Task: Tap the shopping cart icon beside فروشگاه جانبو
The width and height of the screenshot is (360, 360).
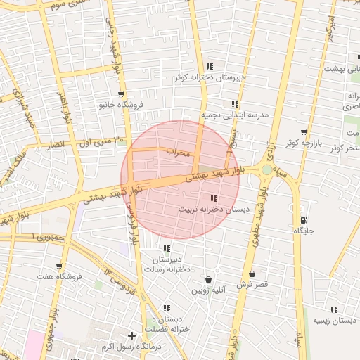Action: (122, 94)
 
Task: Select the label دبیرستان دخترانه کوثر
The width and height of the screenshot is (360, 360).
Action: (210, 78)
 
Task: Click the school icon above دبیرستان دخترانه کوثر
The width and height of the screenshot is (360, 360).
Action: (210, 66)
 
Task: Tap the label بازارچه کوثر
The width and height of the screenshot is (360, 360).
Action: (302, 143)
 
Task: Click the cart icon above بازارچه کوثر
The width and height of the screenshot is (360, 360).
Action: (304, 131)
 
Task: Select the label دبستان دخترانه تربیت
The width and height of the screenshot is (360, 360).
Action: (213, 210)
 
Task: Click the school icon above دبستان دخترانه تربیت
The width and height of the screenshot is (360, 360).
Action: (214, 198)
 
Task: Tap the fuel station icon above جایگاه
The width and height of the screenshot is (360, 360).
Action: (304, 220)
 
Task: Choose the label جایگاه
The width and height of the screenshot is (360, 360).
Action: (304, 231)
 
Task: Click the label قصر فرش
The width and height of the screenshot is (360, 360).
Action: (252, 285)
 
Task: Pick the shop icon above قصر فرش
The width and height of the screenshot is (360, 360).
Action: (252, 274)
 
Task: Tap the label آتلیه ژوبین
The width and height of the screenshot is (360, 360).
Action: (209, 290)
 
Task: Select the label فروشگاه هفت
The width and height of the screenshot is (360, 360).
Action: (60, 277)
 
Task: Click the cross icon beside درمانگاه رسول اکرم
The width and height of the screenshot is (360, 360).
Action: (131, 335)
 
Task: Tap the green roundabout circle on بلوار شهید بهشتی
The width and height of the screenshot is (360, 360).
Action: (266, 169)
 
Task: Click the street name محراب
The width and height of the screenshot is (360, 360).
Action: (179, 151)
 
